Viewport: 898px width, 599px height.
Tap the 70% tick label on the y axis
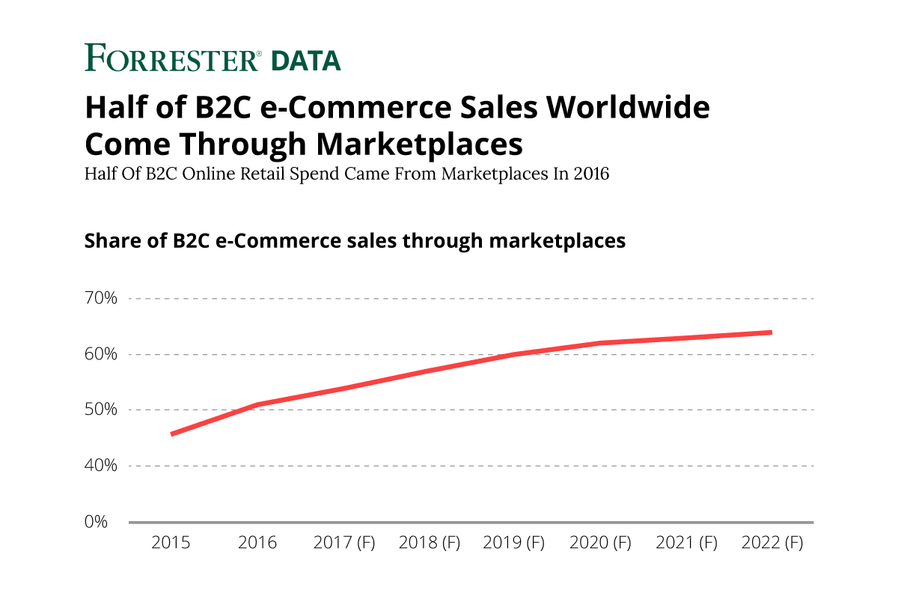click(x=101, y=299)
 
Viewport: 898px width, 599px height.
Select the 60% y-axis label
click(x=101, y=354)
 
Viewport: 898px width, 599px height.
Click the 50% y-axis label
click(x=101, y=410)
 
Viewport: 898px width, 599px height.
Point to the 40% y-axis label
click(x=101, y=466)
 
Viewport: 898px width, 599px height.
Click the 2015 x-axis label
click(x=171, y=543)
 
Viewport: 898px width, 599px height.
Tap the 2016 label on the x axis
click(x=257, y=543)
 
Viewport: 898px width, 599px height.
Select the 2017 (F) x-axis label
click(x=343, y=543)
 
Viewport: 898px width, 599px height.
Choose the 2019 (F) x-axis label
click(x=514, y=543)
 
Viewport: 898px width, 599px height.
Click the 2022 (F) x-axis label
click(x=772, y=543)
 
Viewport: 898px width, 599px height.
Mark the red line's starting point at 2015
click(x=172, y=434)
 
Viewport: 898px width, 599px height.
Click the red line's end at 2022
click(x=771, y=332)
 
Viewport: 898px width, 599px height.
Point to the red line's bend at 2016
click(x=257, y=405)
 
